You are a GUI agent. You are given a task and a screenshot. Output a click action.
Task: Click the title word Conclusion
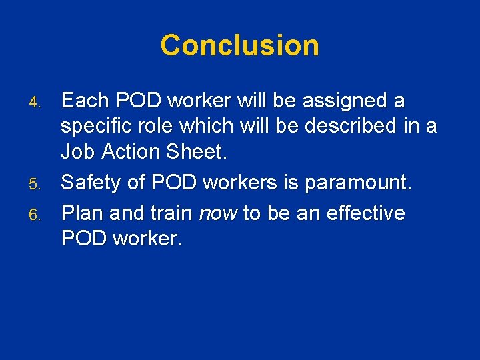pyautogui.click(x=239, y=45)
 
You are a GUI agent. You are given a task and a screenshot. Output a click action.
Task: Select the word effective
pyautogui.click(x=363, y=213)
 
